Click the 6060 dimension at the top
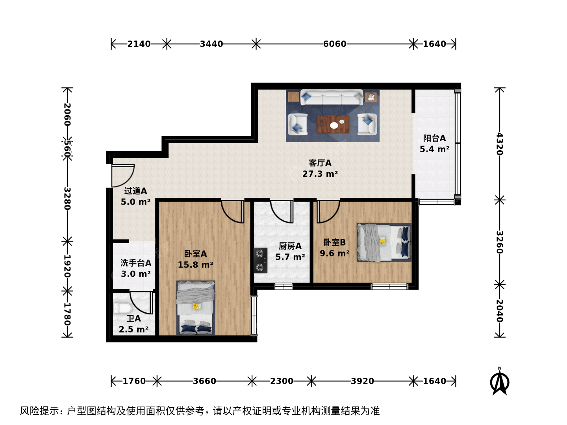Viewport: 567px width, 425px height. tap(335, 44)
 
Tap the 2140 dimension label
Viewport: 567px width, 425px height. tap(139, 44)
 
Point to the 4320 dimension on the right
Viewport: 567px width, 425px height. tap(500, 144)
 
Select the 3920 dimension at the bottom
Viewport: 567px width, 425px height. tap(362, 381)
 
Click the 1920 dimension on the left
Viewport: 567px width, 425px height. tap(67, 266)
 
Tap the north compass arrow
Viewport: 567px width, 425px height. tap(500, 381)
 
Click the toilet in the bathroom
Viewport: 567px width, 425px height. tap(123, 308)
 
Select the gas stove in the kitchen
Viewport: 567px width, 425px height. tap(260, 261)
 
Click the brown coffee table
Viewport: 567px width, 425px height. tap(333, 124)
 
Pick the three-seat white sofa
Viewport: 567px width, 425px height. tap(332, 97)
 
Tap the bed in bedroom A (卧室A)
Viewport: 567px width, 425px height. tap(196, 308)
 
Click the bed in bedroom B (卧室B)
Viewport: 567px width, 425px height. tap(384, 242)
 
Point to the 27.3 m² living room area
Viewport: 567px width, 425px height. tap(320, 174)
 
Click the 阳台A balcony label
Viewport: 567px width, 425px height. tap(434, 138)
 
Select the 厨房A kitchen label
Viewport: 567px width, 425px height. tap(290, 246)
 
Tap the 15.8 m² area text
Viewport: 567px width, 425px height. tap(196, 265)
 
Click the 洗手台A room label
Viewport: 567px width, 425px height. tap(136, 263)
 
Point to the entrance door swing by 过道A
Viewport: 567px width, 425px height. tap(123, 176)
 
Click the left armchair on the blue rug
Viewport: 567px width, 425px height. tap(298, 124)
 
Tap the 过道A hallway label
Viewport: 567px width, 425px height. tap(135, 191)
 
